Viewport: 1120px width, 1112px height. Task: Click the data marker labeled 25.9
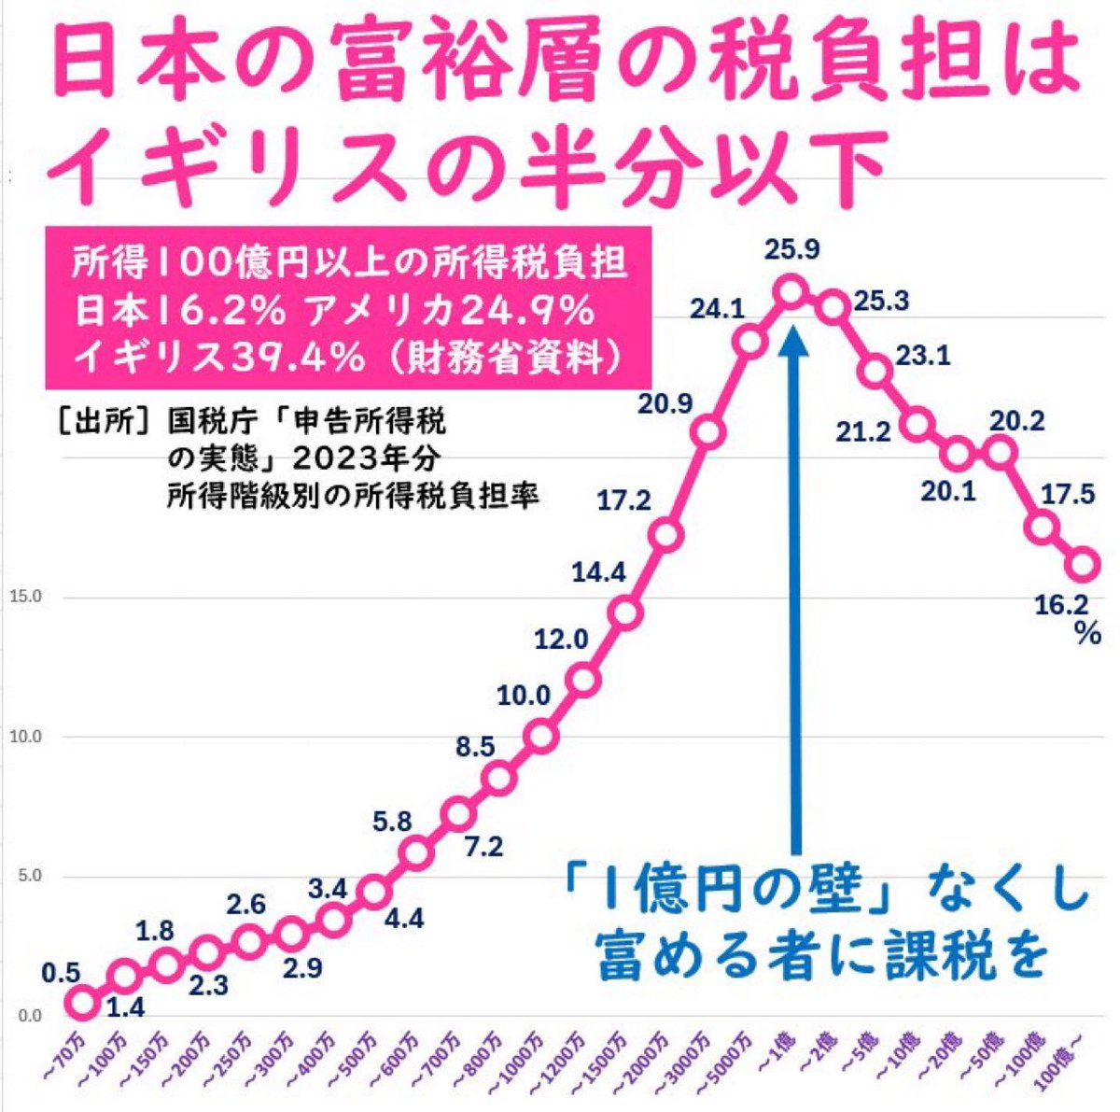(791, 291)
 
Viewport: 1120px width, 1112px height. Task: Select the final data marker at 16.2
(1084, 565)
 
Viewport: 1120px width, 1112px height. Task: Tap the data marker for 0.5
(81, 1003)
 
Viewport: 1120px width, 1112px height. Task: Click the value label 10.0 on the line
(525, 695)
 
